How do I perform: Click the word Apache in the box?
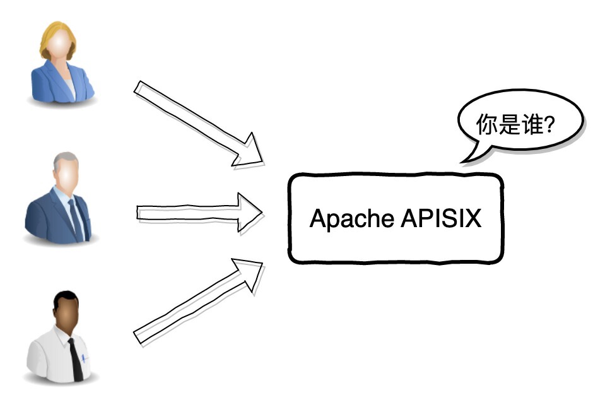[351, 219]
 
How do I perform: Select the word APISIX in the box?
[441, 219]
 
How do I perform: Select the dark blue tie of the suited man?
[76, 218]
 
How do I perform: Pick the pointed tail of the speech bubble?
[466, 160]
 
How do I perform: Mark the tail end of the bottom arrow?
[139, 336]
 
